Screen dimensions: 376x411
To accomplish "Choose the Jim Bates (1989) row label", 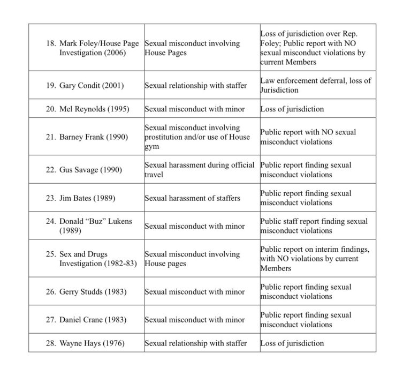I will [88, 198].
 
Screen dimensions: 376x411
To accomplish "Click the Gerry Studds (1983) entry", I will [93, 292].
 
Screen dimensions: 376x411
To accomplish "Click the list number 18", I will [51, 43].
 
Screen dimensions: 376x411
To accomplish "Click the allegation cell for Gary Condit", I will [196, 86].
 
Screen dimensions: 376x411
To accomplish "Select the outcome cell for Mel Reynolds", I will [292, 109].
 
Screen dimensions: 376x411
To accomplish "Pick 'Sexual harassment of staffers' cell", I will [193, 198].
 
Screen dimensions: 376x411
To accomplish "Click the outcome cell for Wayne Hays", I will [292, 343].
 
